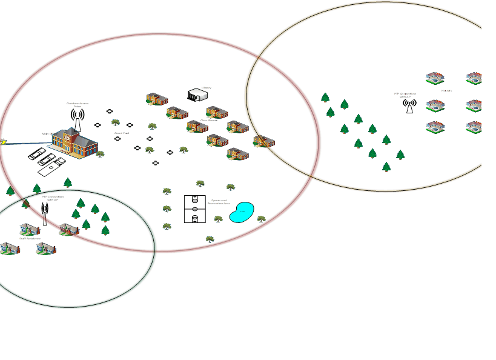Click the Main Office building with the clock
point(74,144)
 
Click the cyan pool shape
point(242,212)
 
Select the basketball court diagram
point(194,209)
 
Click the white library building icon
point(197,95)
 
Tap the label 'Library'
point(207,88)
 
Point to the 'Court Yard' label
point(122,133)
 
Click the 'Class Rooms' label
point(209,121)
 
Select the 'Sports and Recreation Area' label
point(219,202)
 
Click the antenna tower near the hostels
point(409,106)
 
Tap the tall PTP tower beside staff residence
point(45,213)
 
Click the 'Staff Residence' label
point(30,239)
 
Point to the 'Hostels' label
point(446,91)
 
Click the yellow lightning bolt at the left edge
point(2,142)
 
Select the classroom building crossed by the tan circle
point(263,142)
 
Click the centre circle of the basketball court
point(194,209)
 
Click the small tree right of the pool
point(261,219)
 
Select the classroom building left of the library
point(157,99)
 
